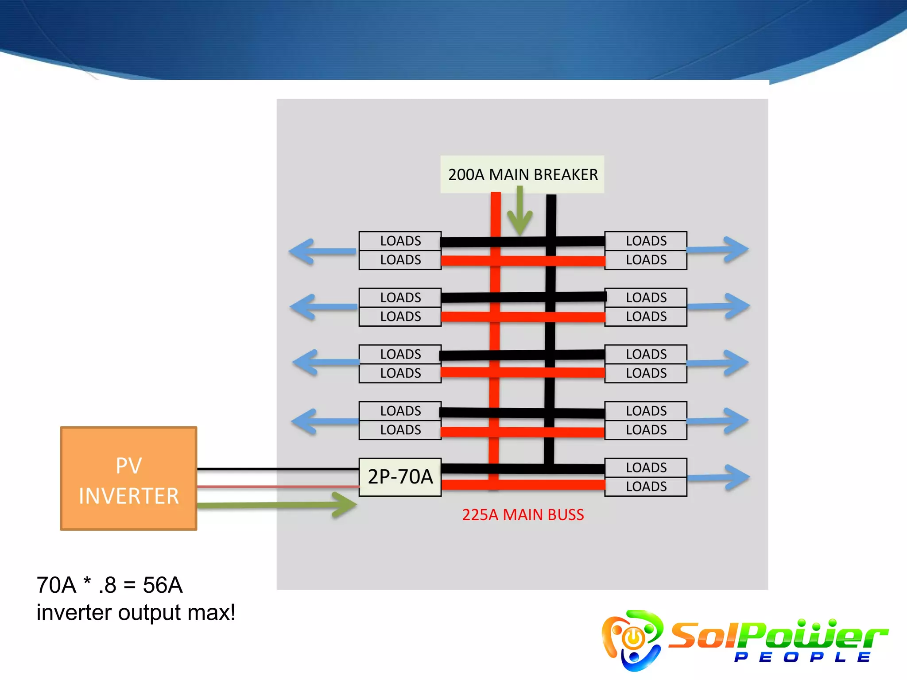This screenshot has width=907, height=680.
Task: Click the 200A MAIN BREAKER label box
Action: (522, 174)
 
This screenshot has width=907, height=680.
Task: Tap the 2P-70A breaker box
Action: (400, 477)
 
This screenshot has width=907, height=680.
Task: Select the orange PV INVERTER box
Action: (128, 479)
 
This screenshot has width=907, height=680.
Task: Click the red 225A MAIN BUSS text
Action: (523, 515)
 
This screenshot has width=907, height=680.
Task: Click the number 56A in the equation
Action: (163, 585)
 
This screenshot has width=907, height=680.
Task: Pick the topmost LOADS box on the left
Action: (400, 241)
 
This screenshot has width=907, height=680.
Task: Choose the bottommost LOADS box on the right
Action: (646, 487)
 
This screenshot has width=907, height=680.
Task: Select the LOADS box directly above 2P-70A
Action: (400, 430)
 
